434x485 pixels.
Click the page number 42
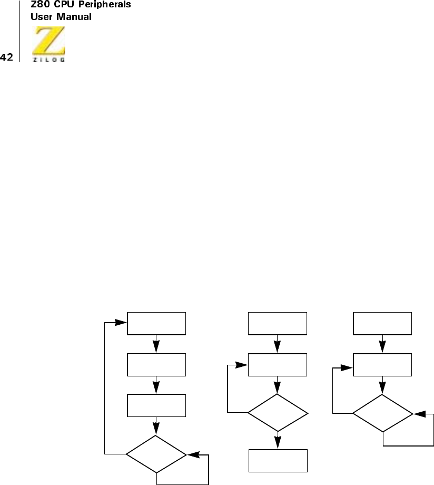coord(7,56)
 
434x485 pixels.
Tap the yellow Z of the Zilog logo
coord(49,41)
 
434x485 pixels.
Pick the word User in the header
coord(41,17)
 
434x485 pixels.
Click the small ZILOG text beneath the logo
coord(49,60)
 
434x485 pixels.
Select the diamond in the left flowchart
coord(156,453)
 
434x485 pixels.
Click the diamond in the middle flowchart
coord(278,413)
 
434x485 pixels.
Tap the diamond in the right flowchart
coord(382,413)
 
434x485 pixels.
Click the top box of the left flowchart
coord(156,324)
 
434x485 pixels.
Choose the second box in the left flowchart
coord(156,364)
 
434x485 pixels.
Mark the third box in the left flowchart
coord(156,405)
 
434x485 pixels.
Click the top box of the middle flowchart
coord(278,324)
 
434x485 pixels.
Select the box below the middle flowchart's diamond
coord(278,460)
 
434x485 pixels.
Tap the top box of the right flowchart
coord(382,324)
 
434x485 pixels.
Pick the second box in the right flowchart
coord(382,365)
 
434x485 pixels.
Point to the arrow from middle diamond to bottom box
coord(278,441)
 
